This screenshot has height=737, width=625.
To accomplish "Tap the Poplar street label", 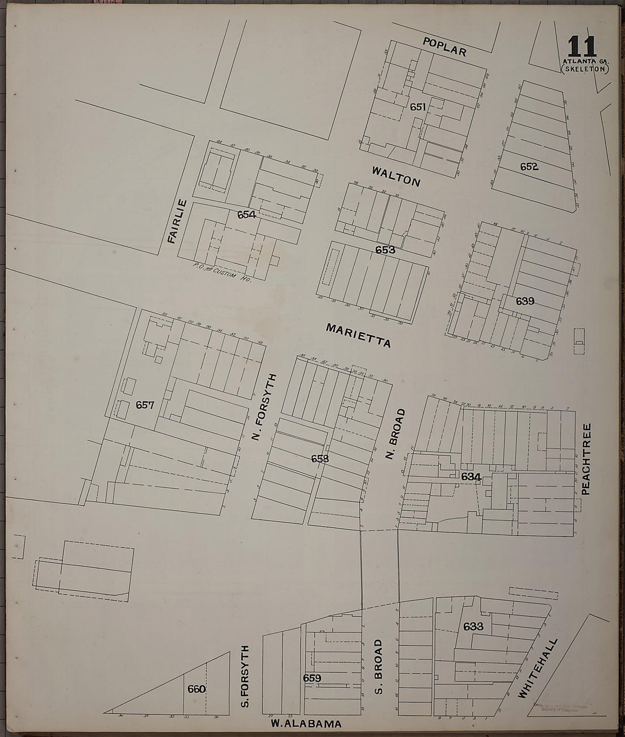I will point(445,47).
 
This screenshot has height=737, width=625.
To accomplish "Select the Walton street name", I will point(396,176).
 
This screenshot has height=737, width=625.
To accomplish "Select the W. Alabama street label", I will point(306,724).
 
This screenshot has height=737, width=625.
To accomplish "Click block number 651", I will point(418,106).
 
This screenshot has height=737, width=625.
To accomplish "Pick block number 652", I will point(530,166).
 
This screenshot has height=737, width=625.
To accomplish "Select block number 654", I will point(247,214).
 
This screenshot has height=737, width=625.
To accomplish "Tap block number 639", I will point(524,301).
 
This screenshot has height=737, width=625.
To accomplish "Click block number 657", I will point(145,405).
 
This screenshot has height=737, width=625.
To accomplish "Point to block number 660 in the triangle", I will point(196,689).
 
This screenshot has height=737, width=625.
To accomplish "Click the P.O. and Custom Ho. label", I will point(222,269).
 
